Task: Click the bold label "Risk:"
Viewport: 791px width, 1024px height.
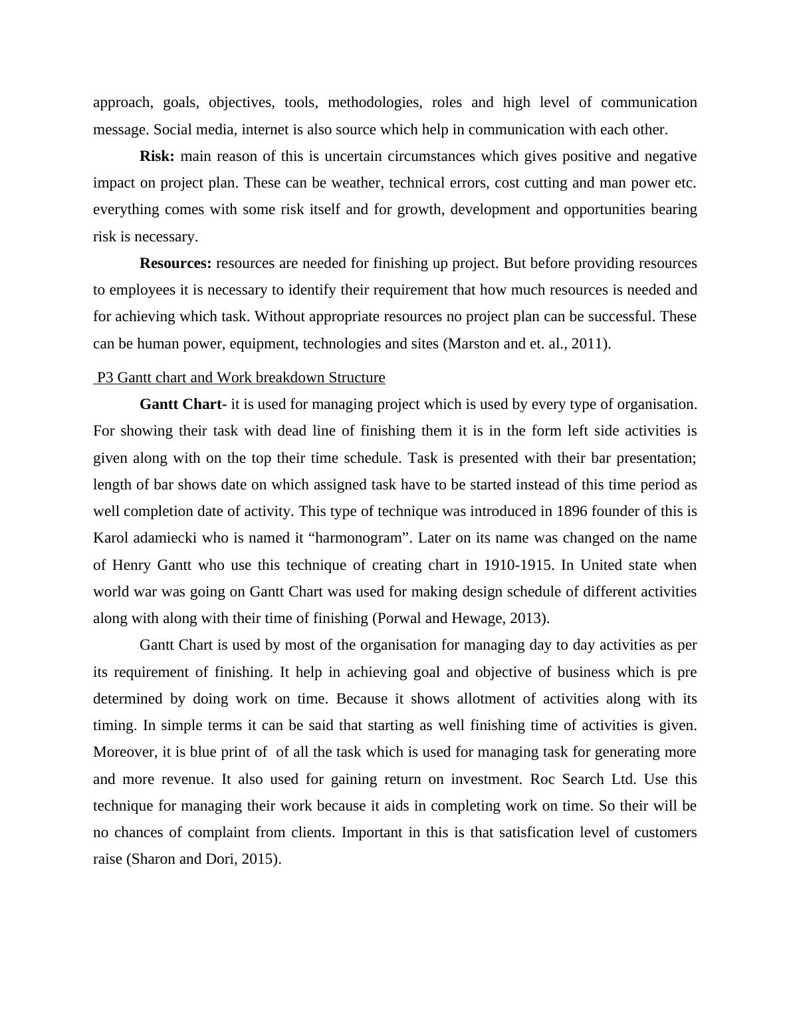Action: pos(157,156)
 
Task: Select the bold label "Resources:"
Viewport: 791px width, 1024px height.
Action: pos(175,263)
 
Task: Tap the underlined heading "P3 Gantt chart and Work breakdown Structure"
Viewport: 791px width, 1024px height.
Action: pos(241,378)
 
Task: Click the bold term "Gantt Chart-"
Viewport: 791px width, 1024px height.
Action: pos(183,404)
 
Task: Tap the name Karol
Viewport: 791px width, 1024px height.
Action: pos(111,538)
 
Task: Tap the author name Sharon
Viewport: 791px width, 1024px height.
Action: pos(152,859)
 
